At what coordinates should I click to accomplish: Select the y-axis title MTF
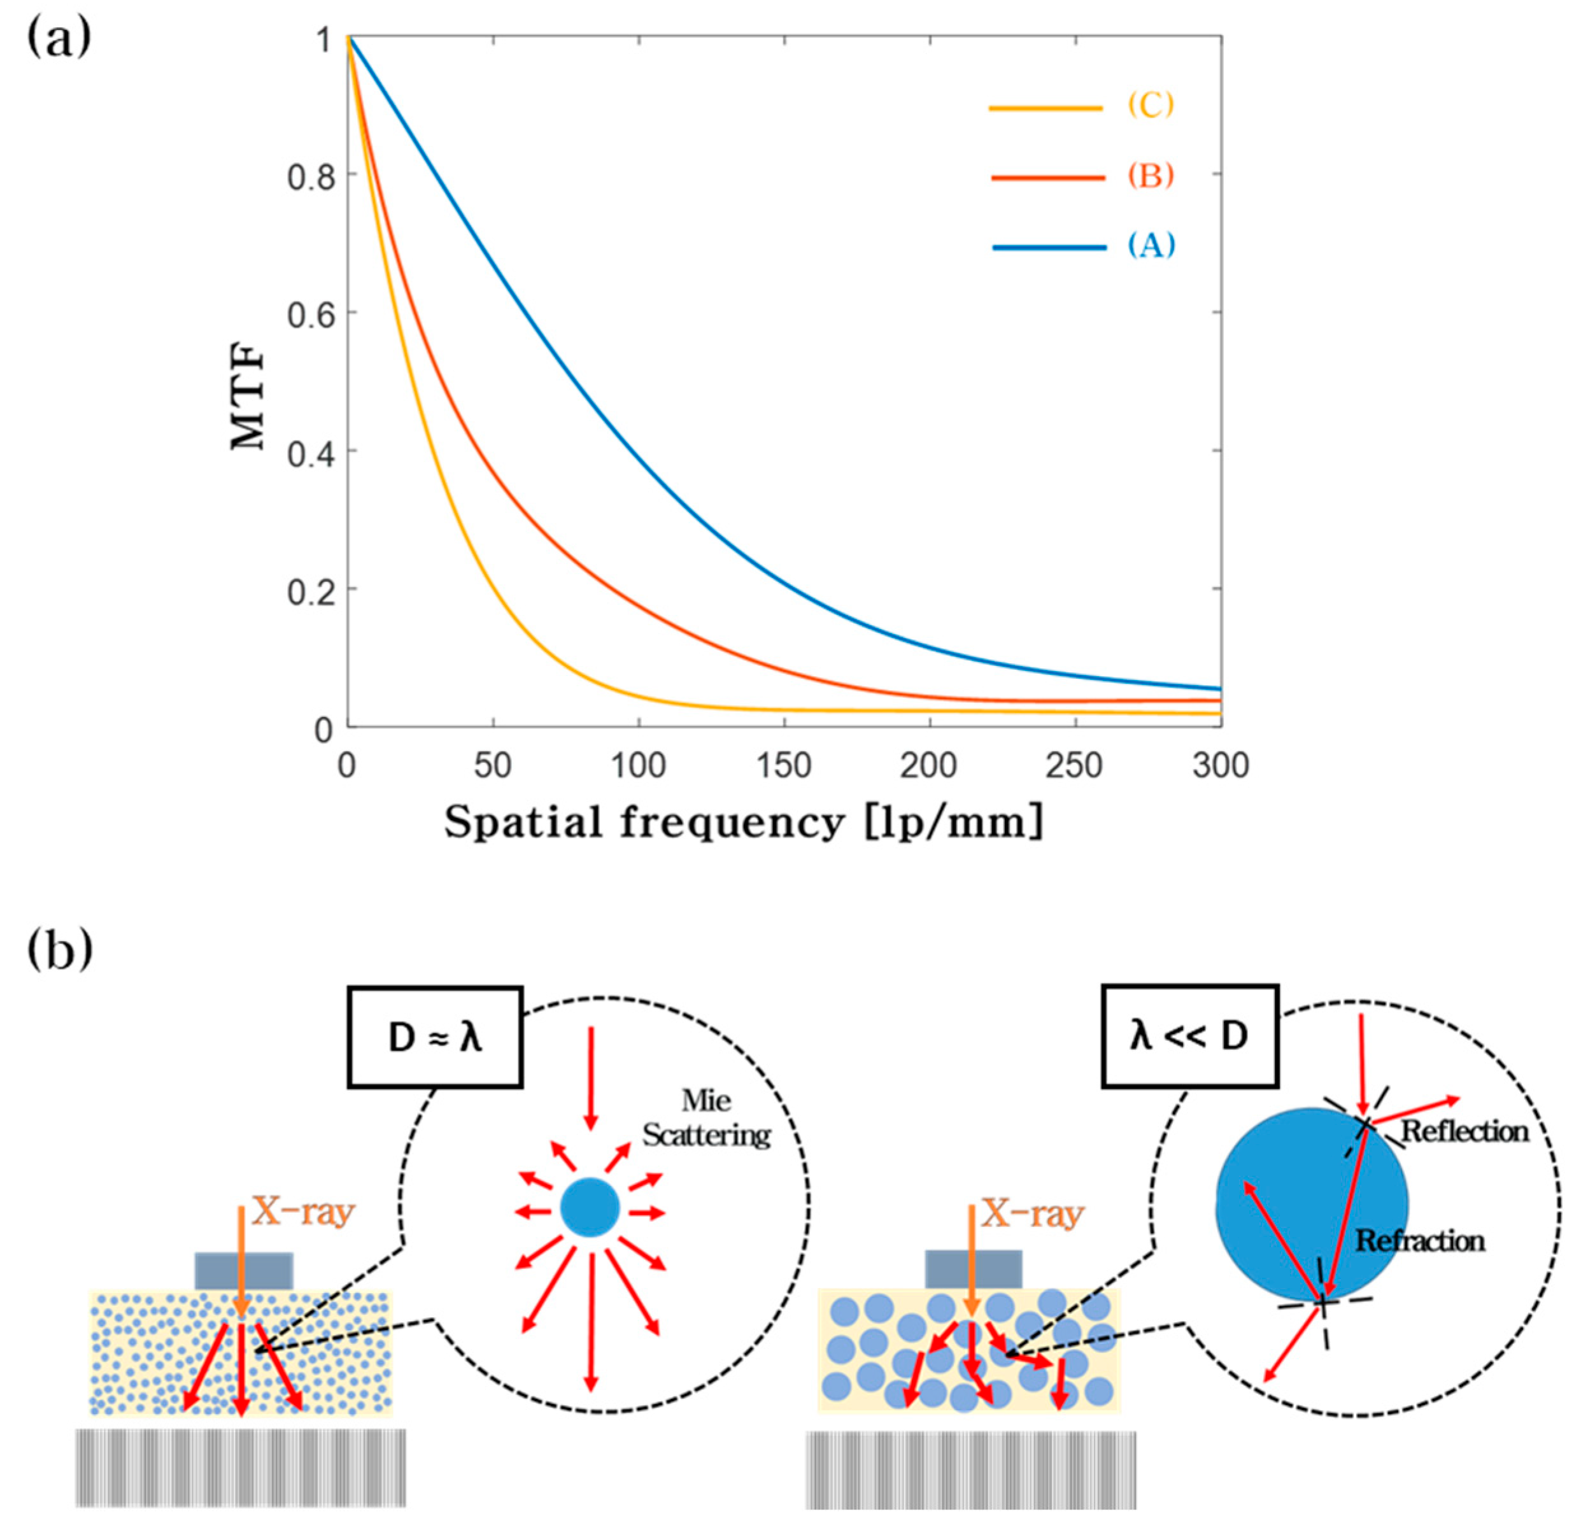coord(248,397)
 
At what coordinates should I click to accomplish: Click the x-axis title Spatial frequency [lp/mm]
coord(744,823)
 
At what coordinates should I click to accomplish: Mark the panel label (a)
coord(59,39)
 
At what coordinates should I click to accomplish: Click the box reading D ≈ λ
coord(435,1037)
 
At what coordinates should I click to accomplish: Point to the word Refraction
coord(1419,1241)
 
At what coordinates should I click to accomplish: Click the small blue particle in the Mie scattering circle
coord(590,1208)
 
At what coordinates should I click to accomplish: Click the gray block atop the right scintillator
coord(973,1269)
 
